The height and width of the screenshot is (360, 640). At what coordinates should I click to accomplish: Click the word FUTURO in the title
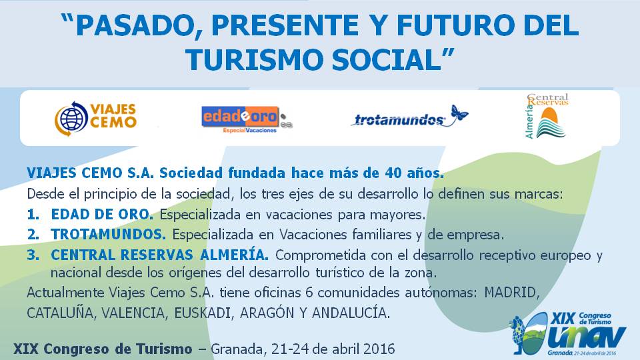455,25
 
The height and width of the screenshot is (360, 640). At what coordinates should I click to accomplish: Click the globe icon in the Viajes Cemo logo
71,119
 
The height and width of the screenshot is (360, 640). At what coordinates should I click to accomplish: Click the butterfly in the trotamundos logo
459,113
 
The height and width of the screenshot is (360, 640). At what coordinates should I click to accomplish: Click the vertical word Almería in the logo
529,121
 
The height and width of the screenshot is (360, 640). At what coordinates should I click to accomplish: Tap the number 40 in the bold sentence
393,173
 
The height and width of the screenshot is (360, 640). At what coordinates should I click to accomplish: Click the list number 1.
33,214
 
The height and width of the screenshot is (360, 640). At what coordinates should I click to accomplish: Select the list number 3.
33,255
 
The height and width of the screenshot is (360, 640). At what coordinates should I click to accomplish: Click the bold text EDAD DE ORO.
102,214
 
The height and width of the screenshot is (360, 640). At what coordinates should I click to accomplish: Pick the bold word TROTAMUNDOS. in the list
109,235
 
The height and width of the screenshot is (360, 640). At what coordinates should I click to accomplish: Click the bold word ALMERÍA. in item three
234,255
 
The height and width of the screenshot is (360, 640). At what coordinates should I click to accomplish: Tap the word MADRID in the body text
512,293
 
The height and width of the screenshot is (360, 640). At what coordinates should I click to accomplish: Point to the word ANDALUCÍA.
351,313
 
